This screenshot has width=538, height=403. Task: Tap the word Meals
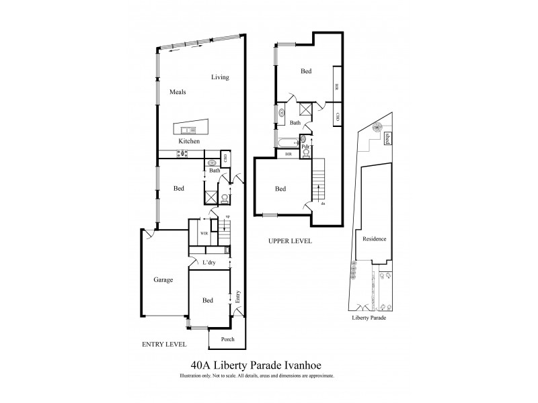tap(178, 93)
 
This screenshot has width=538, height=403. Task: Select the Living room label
tap(220, 77)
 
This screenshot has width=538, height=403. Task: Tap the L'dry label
tap(208, 263)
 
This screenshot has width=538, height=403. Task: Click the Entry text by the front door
tap(238, 298)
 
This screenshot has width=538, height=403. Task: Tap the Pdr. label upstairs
tap(305, 146)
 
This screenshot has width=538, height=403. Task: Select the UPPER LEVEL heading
tap(290, 240)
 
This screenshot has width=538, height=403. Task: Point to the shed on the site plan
tap(388, 138)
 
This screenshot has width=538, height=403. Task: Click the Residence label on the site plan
tap(374, 239)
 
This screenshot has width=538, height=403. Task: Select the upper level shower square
tap(305, 111)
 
